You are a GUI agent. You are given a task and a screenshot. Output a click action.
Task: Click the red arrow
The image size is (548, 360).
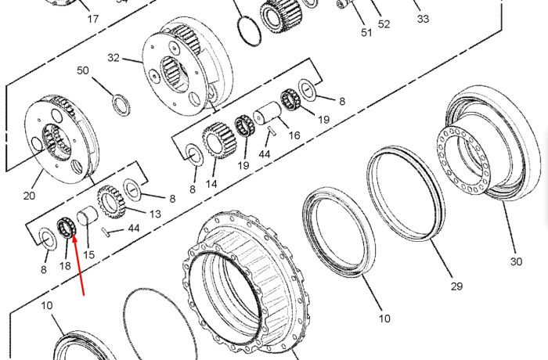(78, 265)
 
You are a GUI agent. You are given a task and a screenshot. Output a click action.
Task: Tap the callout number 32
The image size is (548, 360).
(114, 58)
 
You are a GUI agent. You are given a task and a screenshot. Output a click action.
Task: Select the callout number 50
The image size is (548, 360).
(83, 70)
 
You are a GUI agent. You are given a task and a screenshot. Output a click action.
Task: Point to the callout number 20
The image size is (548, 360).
(30, 196)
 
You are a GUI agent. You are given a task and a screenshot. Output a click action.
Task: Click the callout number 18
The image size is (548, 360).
(65, 266)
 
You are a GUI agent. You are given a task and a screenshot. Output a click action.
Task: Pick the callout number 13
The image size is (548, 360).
(155, 214)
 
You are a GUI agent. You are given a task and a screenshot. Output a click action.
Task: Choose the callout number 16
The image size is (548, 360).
(294, 135)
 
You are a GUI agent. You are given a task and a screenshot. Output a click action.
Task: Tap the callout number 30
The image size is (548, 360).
(516, 261)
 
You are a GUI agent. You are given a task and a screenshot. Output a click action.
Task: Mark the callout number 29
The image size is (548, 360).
(456, 286)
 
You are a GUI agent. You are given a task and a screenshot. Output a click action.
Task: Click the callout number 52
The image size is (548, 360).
(384, 24)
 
